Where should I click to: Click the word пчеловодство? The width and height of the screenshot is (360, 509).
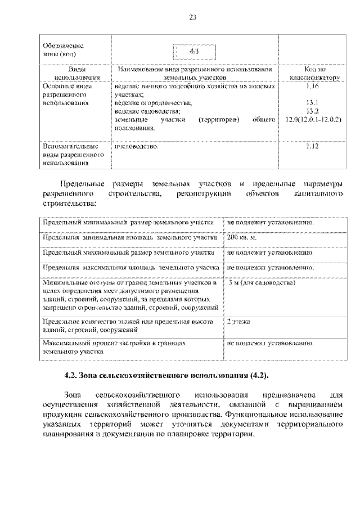pos(136,146)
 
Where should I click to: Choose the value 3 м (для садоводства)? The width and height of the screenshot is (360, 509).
pos(262,282)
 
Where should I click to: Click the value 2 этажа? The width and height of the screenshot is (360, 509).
pos(239,322)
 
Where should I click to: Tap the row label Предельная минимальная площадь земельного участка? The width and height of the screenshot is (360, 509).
pos(129,237)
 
